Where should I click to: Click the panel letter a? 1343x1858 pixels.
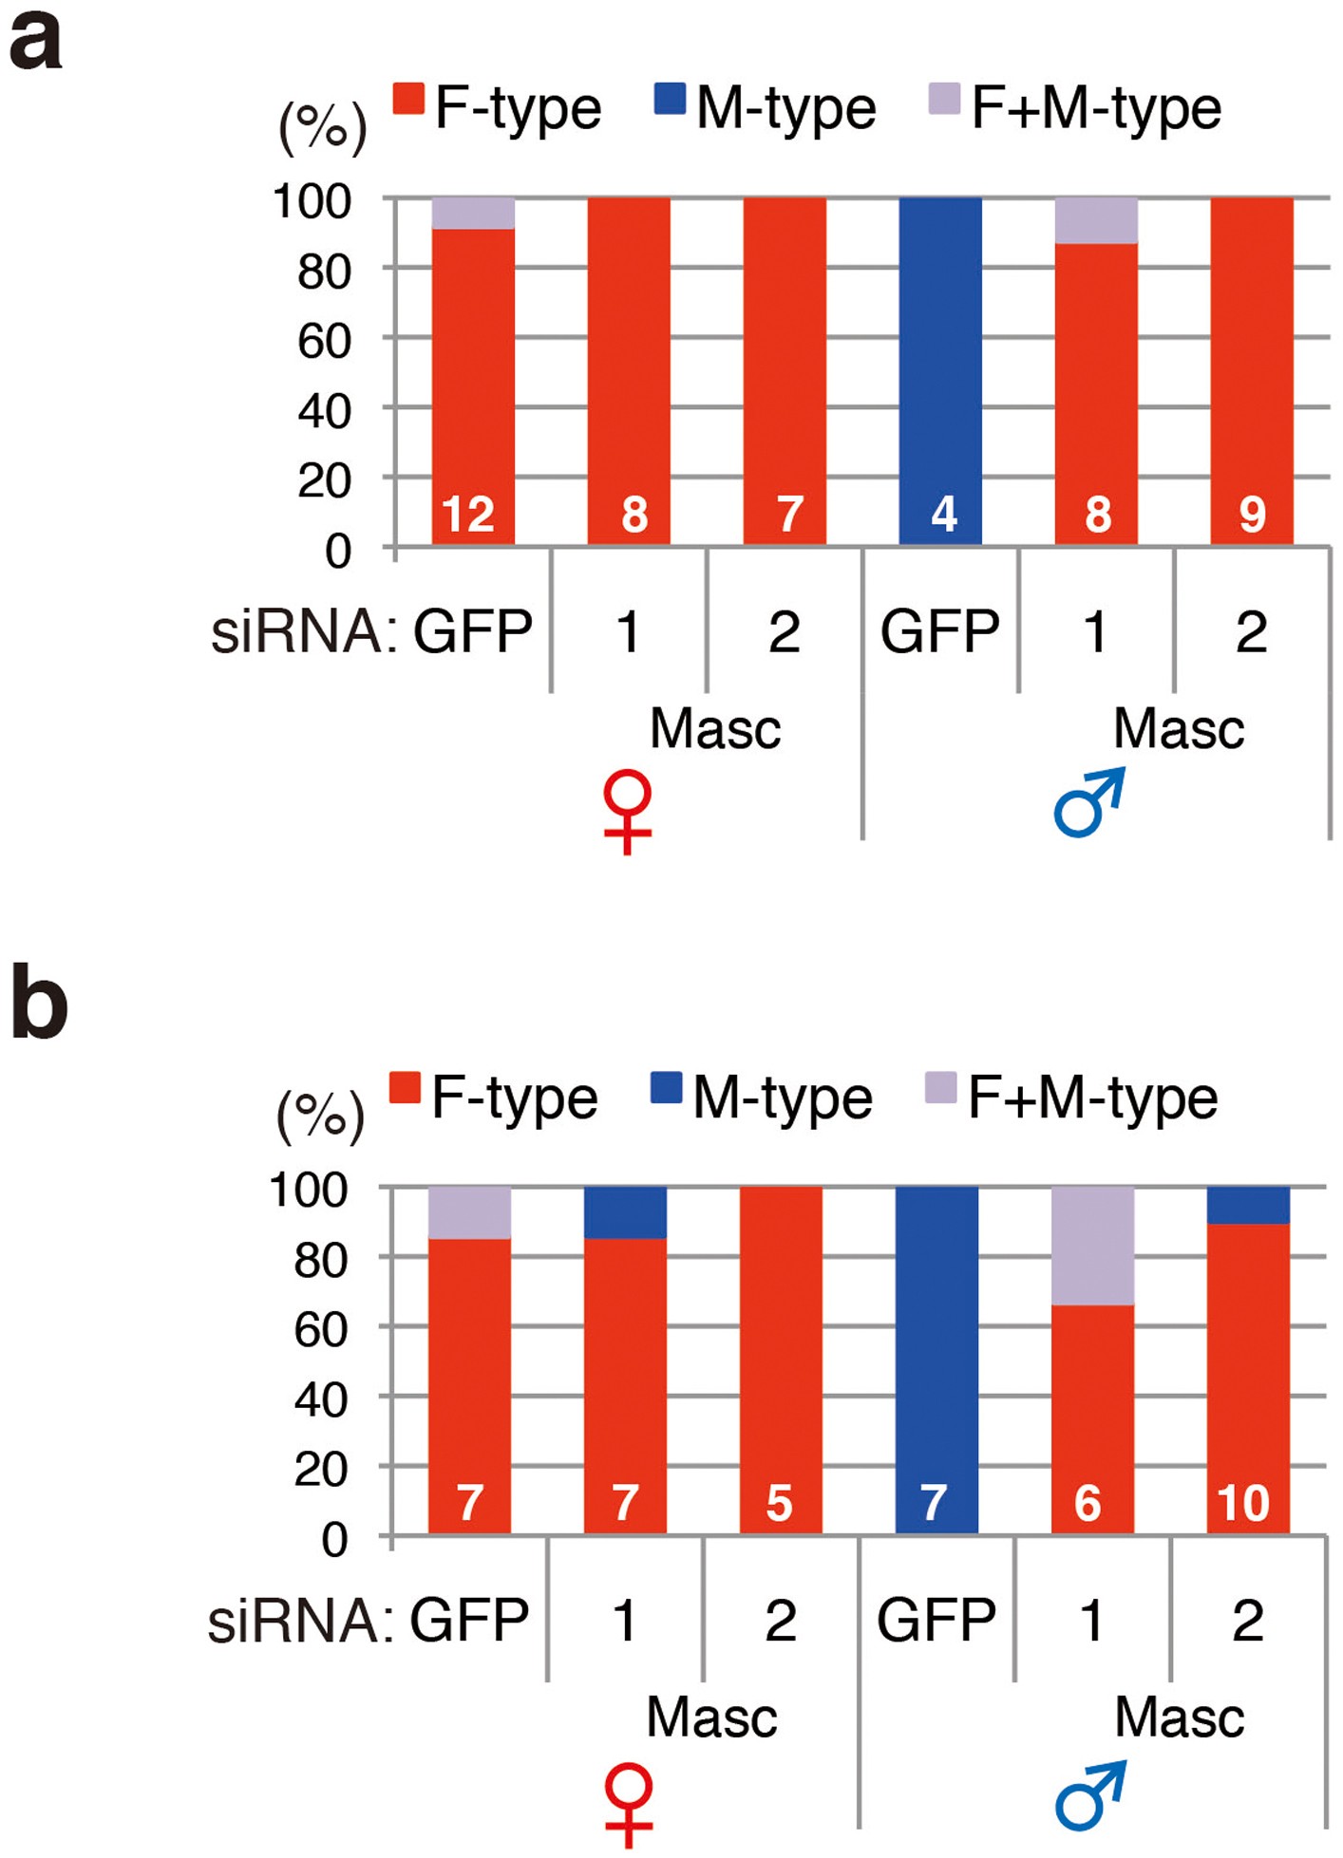[x=36, y=43]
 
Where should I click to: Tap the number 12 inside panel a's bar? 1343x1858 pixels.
[x=468, y=515]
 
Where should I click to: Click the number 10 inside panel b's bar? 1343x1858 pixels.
[x=1243, y=1503]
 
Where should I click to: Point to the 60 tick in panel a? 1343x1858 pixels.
[x=324, y=342]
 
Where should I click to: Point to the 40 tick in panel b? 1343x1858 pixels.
[x=321, y=1399]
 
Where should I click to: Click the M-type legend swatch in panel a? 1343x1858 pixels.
[x=670, y=99]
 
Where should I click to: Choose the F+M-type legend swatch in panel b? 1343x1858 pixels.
[x=940, y=1088]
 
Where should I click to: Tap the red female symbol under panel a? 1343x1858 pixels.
[x=628, y=811]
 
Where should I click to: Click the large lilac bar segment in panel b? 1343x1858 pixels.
[x=1092, y=1246]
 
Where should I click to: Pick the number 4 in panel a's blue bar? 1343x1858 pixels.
[x=943, y=515]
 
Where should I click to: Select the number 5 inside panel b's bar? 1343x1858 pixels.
[x=779, y=1503]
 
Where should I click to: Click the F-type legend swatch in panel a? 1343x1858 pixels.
[x=408, y=99]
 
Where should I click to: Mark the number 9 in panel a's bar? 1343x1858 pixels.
[x=1252, y=515]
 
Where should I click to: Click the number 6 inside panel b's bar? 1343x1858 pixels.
[x=1088, y=1503]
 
